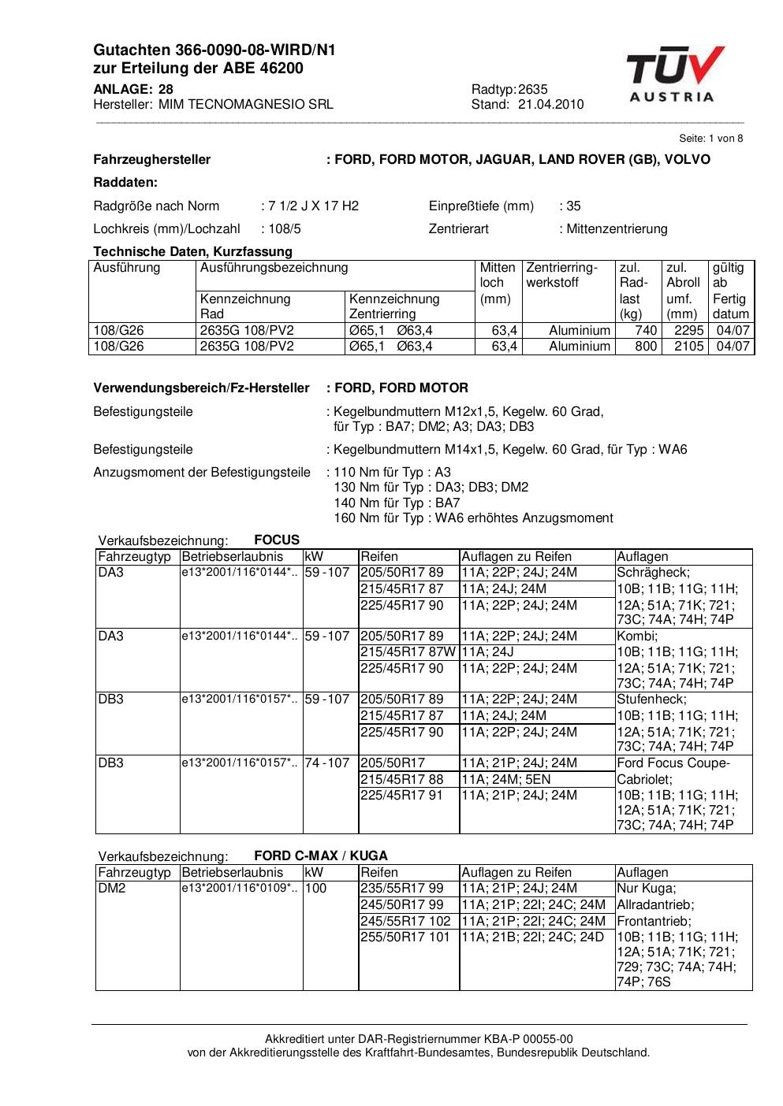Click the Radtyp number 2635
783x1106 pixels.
coord(532,89)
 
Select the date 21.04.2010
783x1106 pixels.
coord(551,104)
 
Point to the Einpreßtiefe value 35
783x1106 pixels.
coord(573,206)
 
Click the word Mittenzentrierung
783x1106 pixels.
coord(616,228)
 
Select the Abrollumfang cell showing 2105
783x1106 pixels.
coord(688,346)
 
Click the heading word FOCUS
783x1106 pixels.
coord(277,540)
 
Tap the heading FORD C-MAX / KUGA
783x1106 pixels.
coord(321,855)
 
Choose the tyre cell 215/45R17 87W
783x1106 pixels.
coord(408,651)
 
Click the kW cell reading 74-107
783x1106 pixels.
coord(326,763)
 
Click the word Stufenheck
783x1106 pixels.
coord(651,699)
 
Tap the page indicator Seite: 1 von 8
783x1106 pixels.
coord(710,138)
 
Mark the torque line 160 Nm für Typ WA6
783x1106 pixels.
coord(473,518)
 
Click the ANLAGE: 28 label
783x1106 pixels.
coord(133,89)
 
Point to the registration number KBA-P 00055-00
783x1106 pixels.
coord(531,1038)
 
